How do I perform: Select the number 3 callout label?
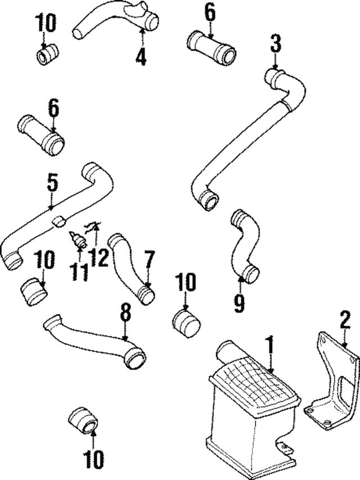coord(275,43)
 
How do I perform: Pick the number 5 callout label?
coord(52,183)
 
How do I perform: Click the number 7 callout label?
coord(148,260)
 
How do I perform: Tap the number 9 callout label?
coord(240,304)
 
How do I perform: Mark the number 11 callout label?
coord(79,273)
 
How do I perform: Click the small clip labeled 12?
coord(92,227)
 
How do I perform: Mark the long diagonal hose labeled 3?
coord(247,141)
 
